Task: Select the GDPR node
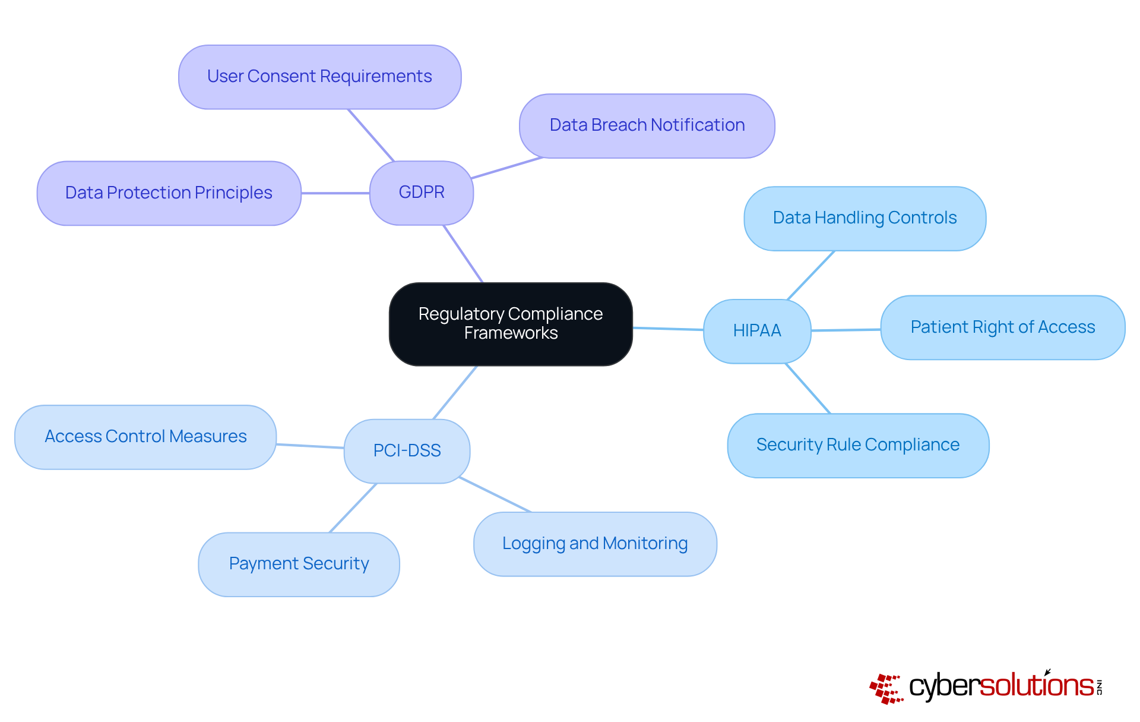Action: (x=421, y=193)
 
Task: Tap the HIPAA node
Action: (x=756, y=331)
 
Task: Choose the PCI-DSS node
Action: (x=407, y=451)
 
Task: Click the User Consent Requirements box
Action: (x=319, y=77)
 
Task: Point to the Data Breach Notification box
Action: (x=647, y=125)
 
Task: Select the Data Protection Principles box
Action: (x=169, y=193)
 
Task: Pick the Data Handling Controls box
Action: (x=864, y=218)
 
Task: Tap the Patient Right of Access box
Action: (x=1002, y=327)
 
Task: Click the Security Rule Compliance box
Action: (x=857, y=445)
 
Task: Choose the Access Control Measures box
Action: (x=145, y=437)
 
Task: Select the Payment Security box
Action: (x=299, y=564)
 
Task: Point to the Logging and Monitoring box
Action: (x=595, y=544)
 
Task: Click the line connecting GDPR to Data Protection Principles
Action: (x=335, y=193)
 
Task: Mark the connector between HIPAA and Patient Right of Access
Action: (x=846, y=330)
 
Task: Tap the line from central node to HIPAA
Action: (x=668, y=329)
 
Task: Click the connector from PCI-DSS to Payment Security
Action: (x=353, y=508)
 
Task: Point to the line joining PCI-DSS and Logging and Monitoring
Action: (x=495, y=494)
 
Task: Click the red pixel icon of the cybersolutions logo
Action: (x=886, y=689)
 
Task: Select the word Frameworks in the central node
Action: (x=511, y=333)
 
